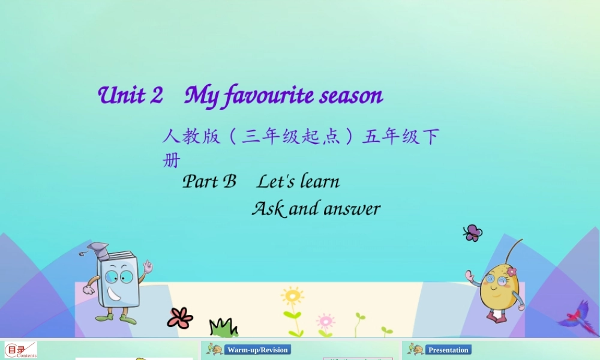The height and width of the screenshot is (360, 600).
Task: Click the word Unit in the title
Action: click(122, 95)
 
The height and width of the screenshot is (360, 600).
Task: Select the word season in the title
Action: click(351, 95)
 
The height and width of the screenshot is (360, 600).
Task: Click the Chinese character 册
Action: click(171, 160)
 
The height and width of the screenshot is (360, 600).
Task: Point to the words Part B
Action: click(209, 181)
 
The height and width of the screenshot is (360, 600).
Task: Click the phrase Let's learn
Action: click(298, 181)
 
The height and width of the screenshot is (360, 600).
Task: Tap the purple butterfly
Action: click(473, 232)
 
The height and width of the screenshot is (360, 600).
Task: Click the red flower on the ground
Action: click(179, 317)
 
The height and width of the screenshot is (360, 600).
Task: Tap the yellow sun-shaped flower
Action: click(292, 296)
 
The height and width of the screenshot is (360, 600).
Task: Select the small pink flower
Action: click(325, 320)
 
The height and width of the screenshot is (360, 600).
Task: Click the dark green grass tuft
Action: click(223, 328)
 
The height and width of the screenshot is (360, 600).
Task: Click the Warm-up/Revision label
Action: click(257, 350)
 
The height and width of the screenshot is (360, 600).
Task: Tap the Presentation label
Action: click(448, 350)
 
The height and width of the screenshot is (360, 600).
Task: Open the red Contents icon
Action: click(20, 350)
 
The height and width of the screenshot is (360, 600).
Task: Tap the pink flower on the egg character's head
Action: click(511, 272)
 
